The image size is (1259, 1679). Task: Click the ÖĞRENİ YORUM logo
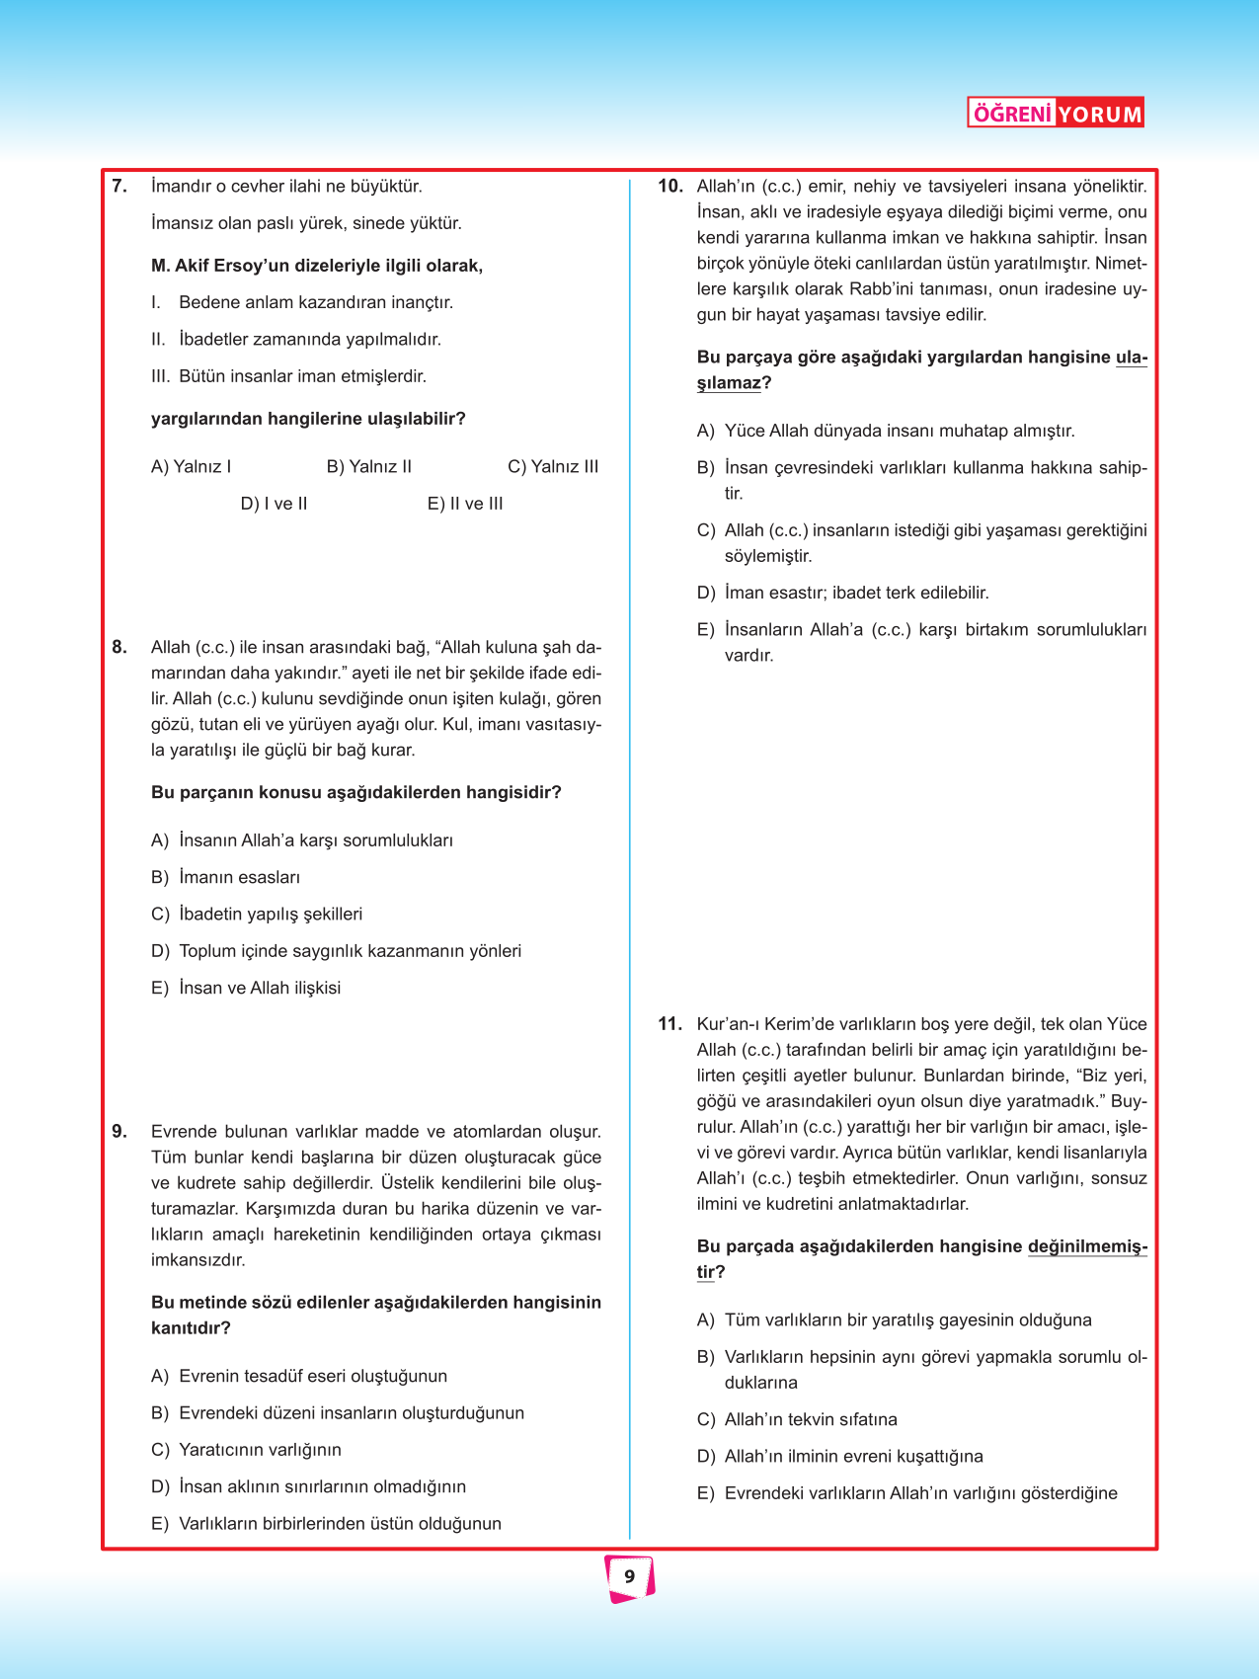tap(1056, 114)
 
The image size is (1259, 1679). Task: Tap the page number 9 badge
tap(629, 1577)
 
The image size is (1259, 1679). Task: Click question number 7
tap(119, 186)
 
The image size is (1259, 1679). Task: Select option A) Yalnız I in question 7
tap(192, 466)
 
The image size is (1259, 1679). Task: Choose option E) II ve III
tap(465, 504)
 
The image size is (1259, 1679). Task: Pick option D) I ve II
tap(274, 504)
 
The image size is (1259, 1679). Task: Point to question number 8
tap(119, 647)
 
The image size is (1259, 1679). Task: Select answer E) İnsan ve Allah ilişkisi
tap(246, 988)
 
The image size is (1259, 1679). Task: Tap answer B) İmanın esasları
tap(226, 877)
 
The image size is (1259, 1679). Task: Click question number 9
tap(119, 1132)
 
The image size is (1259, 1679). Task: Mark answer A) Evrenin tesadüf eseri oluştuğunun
tap(299, 1376)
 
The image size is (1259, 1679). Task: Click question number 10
tap(670, 186)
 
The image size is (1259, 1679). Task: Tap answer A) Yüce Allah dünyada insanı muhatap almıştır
tap(886, 431)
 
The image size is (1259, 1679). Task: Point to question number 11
tap(670, 1024)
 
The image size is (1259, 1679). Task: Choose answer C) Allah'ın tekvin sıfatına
tap(797, 1419)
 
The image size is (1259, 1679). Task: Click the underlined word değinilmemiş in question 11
tap(1086, 1246)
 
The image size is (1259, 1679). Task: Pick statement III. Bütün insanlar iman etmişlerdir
tap(289, 376)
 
